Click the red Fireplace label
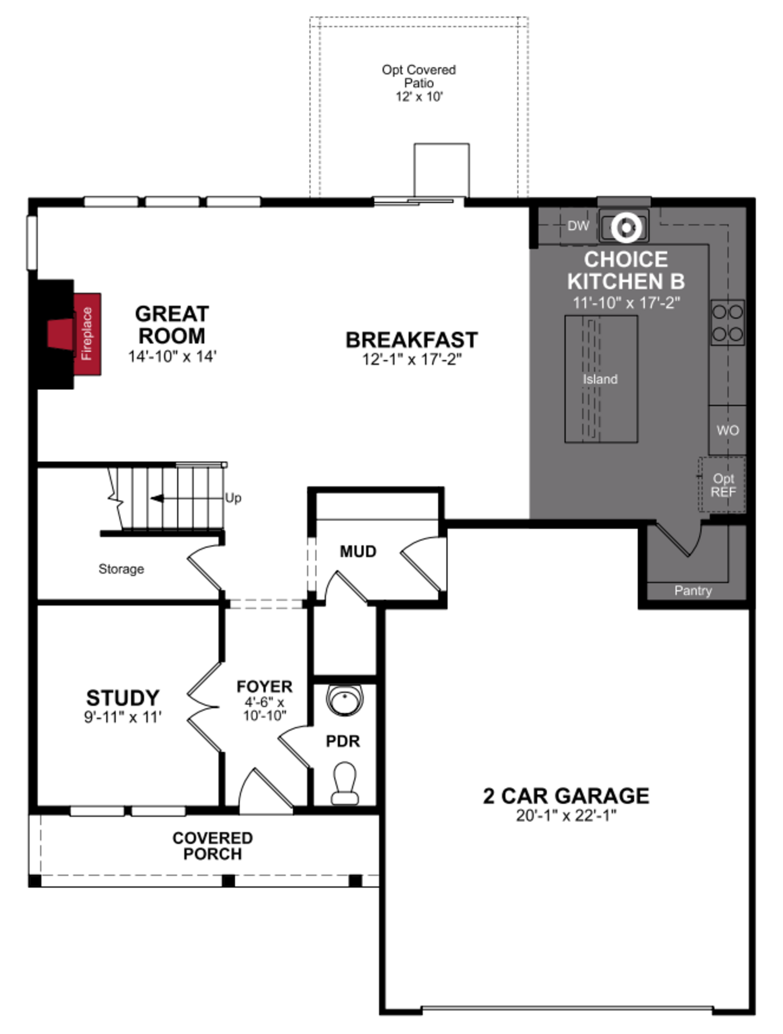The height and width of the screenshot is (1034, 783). pyautogui.click(x=87, y=334)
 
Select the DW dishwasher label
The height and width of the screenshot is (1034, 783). pyautogui.click(x=578, y=226)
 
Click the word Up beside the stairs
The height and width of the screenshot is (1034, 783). pyautogui.click(x=233, y=498)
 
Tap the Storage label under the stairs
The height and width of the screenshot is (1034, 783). pyautogui.click(x=121, y=569)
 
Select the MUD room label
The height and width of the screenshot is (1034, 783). pyautogui.click(x=358, y=552)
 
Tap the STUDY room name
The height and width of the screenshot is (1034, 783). pyautogui.click(x=123, y=698)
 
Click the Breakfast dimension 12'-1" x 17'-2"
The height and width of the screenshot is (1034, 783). pyautogui.click(x=412, y=360)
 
